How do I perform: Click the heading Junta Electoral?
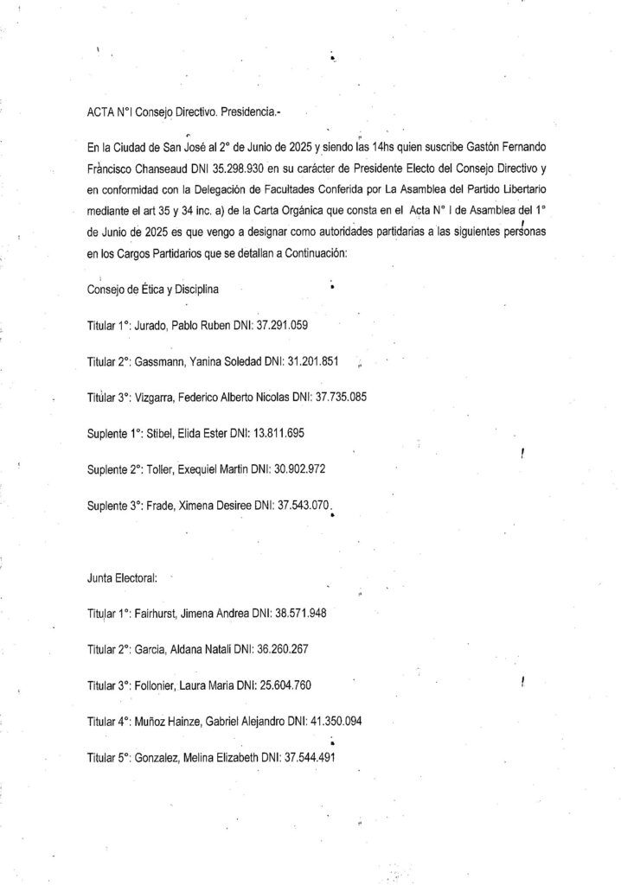(117, 578)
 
